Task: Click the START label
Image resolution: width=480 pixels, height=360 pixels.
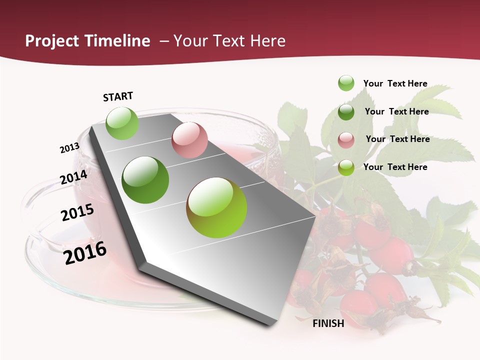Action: pos(118,96)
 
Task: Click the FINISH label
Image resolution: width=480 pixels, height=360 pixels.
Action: pos(328,323)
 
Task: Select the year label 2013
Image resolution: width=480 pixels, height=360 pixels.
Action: pos(69,148)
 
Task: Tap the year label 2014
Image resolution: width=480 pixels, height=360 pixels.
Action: pos(74,177)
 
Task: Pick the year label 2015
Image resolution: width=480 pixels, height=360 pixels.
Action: pos(77,212)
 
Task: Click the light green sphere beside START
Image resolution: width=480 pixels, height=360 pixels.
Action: pos(122,123)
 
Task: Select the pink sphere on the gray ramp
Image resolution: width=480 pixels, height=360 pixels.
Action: pos(189,140)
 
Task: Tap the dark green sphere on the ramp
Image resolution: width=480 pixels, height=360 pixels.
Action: pos(145,180)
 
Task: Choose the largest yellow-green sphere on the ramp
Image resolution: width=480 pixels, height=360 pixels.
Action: pos(216,207)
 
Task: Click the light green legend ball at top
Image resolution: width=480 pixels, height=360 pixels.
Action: pos(346,83)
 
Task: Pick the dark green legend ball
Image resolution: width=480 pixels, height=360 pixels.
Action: pos(346,111)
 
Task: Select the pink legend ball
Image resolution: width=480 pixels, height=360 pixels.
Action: pos(346,139)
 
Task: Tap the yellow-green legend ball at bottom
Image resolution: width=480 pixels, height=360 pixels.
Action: pos(346,167)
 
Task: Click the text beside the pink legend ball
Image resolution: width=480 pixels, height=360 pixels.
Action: pos(397,139)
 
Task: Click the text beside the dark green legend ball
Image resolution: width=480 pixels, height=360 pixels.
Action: pos(396,111)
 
